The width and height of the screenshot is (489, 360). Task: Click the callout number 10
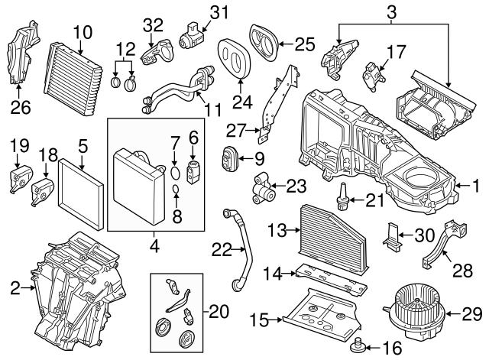pyautogui.click(x=81, y=32)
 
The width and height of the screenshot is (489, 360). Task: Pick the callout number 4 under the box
pyautogui.click(x=153, y=247)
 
